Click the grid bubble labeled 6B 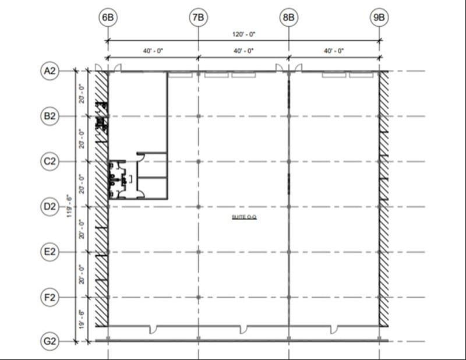(x=108, y=17)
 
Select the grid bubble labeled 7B (x=198, y=17)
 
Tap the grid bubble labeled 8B (x=288, y=17)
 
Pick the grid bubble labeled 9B (x=379, y=17)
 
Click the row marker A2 (x=50, y=71)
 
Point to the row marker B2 (x=50, y=116)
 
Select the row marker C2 (x=50, y=161)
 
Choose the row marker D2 (x=50, y=206)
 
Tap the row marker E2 (x=50, y=252)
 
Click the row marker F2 (x=50, y=297)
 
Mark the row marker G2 (x=50, y=341)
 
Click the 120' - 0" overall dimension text (x=243, y=34)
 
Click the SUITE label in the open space (x=244, y=217)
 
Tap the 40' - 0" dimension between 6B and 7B (x=153, y=51)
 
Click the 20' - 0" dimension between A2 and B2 (x=82, y=93)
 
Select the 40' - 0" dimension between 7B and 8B (x=243, y=51)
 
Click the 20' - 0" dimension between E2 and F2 (x=82, y=274)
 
